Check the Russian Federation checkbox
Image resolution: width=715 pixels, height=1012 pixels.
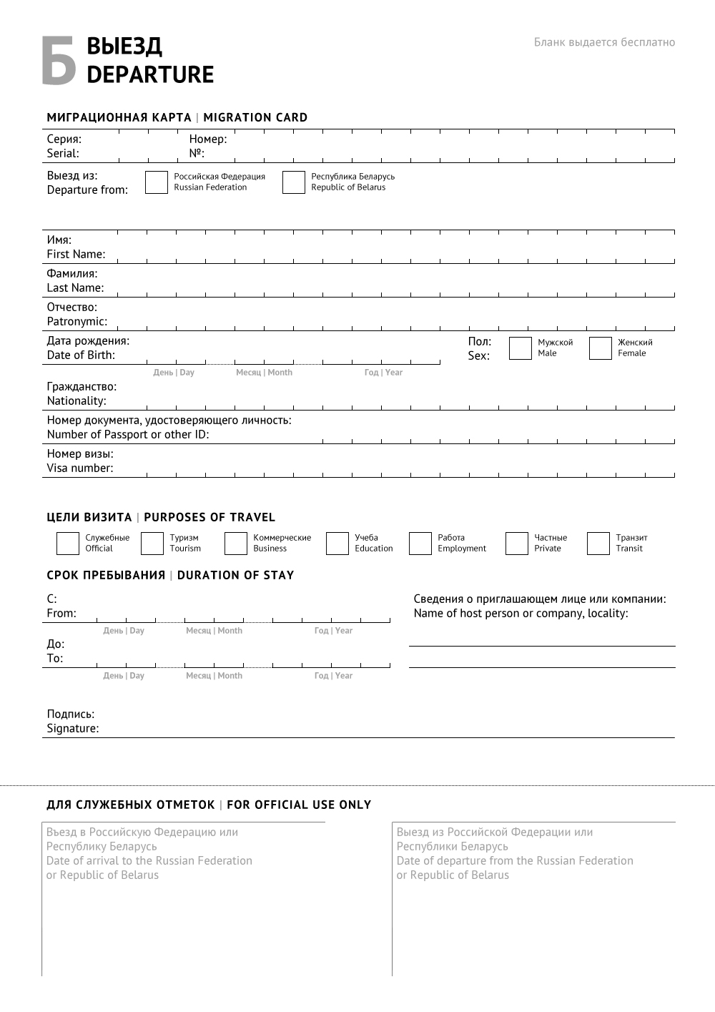tap(156, 182)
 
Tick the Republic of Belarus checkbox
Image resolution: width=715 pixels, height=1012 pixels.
tap(293, 182)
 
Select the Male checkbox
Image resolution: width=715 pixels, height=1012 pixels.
tap(520, 348)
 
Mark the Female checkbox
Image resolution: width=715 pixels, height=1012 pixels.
tap(600, 348)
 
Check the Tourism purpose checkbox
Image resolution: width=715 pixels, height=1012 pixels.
tap(152, 544)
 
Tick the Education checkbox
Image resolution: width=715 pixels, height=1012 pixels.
tap(337, 544)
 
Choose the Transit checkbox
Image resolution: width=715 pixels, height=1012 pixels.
tap(598, 544)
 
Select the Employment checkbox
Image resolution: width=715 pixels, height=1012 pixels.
tap(420, 544)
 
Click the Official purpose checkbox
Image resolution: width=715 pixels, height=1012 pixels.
tap(67, 544)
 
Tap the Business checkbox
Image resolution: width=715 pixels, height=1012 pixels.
tap(235, 544)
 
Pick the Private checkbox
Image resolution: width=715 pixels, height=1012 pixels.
tap(516, 544)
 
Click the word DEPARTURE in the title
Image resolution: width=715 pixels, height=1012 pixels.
tap(150, 74)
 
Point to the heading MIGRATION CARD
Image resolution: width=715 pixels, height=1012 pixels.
tap(255, 117)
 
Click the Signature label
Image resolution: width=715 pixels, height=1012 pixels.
tap(73, 728)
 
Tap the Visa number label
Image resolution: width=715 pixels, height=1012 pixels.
tap(80, 468)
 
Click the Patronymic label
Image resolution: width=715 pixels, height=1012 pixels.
tap(77, 321)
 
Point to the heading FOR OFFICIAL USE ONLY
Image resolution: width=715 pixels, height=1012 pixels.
tap(299, 805)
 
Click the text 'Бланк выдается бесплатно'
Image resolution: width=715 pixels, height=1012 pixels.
tap(604, 42)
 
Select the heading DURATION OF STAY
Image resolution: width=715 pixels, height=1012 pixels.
tap(235, 575)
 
